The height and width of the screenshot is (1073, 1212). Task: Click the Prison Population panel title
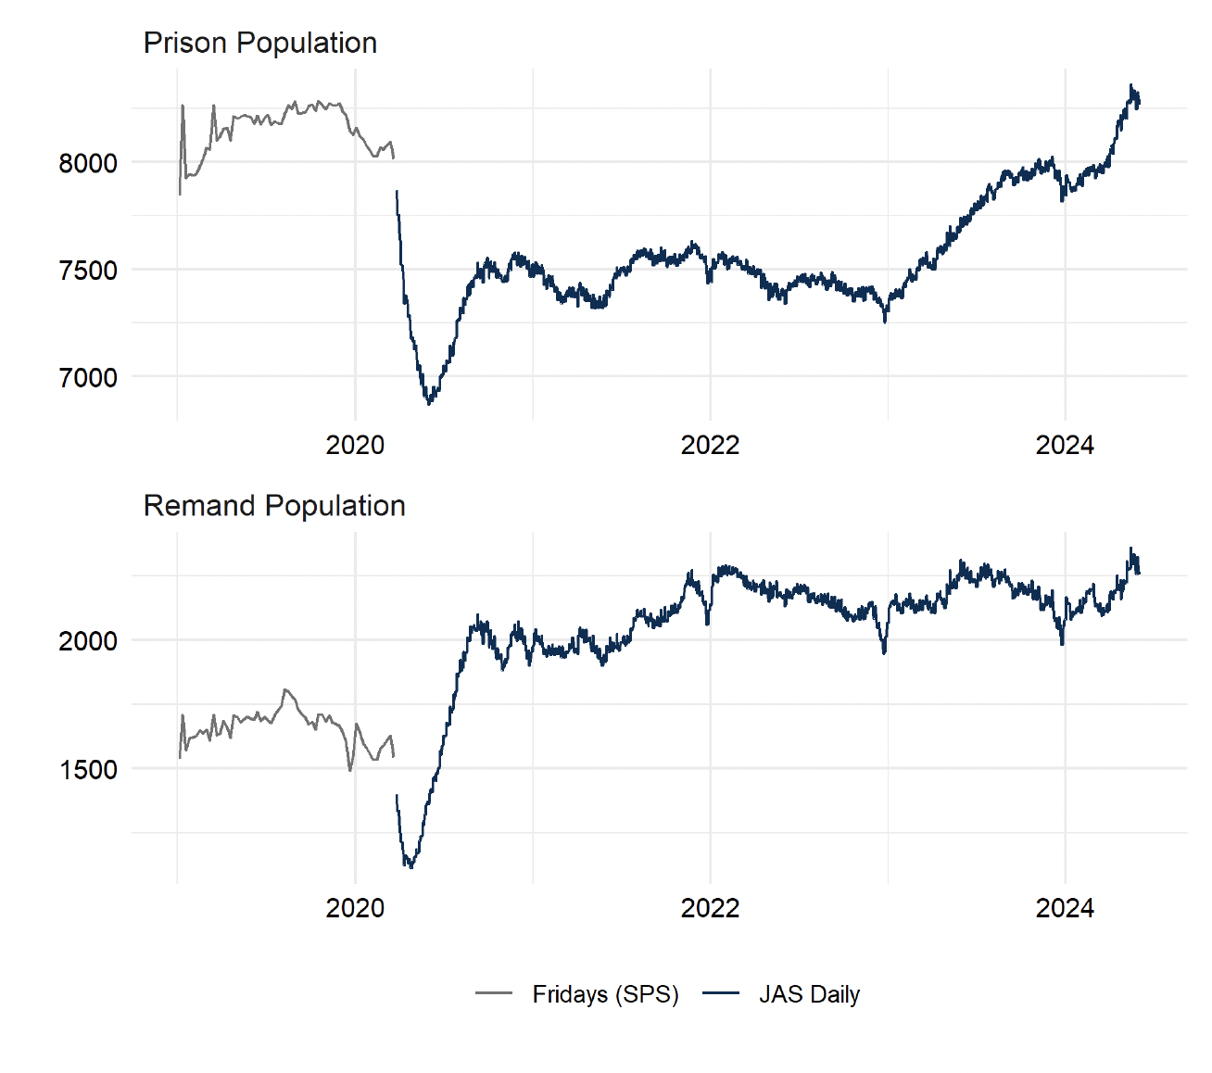[x=259, y=43]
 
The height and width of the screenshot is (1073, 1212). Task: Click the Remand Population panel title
[x=274, y=506]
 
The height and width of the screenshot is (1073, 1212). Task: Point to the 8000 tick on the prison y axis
[x=88, y=163]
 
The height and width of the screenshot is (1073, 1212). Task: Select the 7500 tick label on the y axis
[x=88, y=271]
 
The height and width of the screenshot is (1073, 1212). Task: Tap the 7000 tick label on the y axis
[x=88, y=378]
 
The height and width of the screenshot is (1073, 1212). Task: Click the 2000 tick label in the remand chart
[x=88, y=641]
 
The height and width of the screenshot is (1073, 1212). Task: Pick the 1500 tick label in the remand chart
[x=88, y=770]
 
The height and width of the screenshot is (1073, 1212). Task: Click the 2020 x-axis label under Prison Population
[x=355, y=446]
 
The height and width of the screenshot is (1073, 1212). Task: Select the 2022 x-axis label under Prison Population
[x=710, y=446]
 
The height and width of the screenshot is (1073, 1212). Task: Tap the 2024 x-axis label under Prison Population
[x=1065, y=446]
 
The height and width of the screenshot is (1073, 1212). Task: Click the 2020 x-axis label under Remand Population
[x=355, y=908]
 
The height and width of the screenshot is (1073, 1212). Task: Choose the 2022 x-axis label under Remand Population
[x=710, y=908]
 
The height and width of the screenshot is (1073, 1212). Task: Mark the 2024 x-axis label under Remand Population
[x=1065, y=908]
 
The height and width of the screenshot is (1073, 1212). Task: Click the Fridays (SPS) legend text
[x=605, y=994]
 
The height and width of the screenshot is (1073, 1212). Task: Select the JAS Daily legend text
[x=809, y=994]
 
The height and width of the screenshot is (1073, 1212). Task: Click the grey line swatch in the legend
[x=494, y=994]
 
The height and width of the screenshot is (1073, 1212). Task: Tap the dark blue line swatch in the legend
[x=721, y=994]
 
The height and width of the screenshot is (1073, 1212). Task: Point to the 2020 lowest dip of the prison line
[x=428, y=403]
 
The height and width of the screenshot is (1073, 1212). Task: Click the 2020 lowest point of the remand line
[x=410, y=867]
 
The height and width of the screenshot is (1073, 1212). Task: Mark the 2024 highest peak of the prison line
[x=1130, y=85]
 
